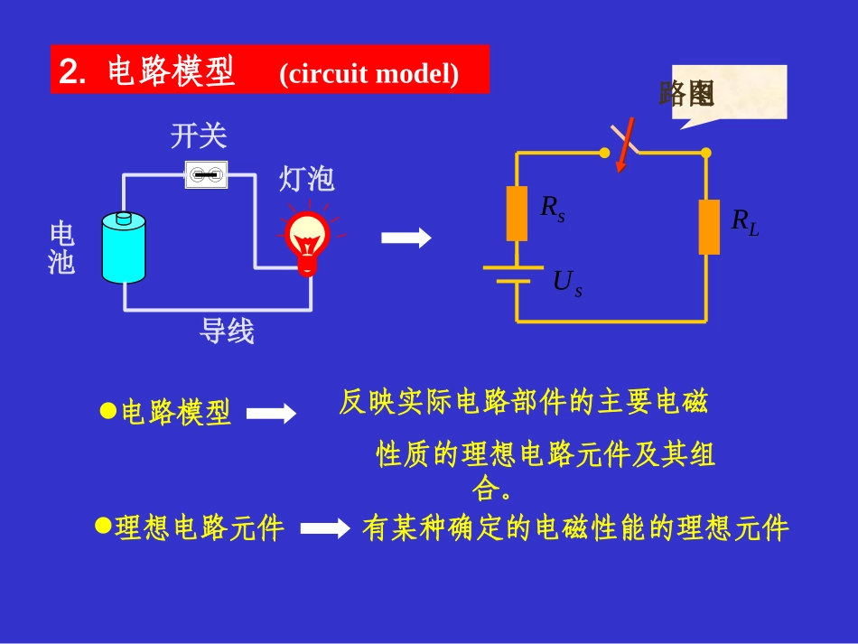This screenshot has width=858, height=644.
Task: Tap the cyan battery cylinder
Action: point(124,247)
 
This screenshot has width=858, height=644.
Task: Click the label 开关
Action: point(199,136)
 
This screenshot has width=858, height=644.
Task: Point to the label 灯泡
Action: point(307,179)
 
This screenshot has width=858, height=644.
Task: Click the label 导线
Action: point(227,331)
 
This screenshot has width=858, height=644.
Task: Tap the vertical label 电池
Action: point(61,248)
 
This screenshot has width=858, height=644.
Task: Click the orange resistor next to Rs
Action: point(517,213)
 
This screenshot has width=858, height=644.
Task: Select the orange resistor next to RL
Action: point(709,227)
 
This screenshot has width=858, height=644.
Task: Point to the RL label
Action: point(744,221)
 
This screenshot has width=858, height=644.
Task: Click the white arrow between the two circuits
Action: point(406,238)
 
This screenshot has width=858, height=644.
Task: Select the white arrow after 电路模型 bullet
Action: point(271,414)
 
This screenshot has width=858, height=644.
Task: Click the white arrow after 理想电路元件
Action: point(324,528)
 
